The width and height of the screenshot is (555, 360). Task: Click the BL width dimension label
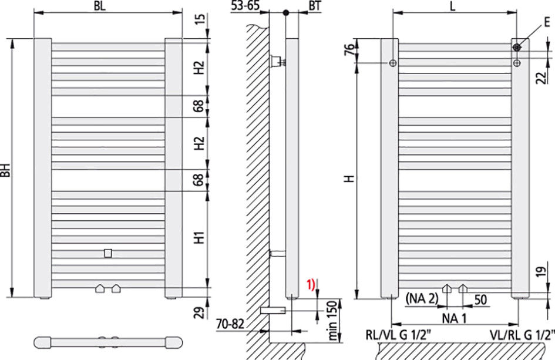[x=100, y=6]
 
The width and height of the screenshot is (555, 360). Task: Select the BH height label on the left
[x=6, y=170]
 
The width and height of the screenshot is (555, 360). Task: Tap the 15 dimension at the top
[x=200, y=19]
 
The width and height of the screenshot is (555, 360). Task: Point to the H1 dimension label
[x=200, y=237]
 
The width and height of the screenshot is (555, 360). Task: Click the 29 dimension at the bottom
[x=200, y=312]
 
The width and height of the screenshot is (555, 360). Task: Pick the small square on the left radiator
[x=108, y=253]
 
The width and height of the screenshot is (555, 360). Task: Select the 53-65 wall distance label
[x=245, y=6]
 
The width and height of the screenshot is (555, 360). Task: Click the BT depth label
[x=315, y=6]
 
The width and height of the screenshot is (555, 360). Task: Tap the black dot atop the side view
[x=286, y=13]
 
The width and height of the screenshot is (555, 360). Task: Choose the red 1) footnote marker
[x=311, y=285]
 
